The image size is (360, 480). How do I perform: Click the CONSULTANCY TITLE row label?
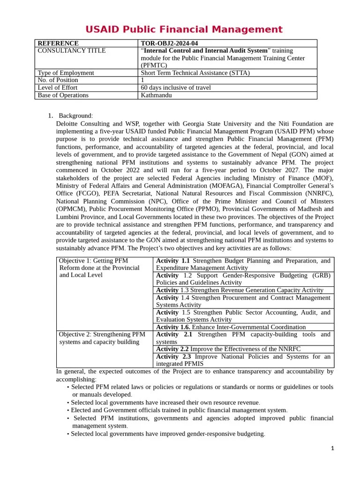pyautogui.click(x=71, y=51)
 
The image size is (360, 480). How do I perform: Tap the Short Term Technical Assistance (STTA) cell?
pyautogui.click(x=195, y=73)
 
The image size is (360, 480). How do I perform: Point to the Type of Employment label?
pyautogui.click(x=66, y=73)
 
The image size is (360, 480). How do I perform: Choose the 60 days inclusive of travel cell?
pyautogui.click(x=176, y=88)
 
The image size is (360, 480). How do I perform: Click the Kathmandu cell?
pyautogui.click(x=157, y=95)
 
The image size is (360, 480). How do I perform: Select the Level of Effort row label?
pyautogui.click(x=58, y=88)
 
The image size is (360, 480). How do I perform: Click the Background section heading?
pyautogui.click(x=75, y=116)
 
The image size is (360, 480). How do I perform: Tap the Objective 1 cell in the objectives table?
pyautogui.click(x=99, y=268)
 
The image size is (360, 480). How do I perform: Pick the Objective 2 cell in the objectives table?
pyautogui.click(x=102, y=338)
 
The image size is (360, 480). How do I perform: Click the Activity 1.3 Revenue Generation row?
pyautogui.click(x=240, y=290)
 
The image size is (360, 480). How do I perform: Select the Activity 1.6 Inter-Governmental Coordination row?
pyautogui.click(x=231, y=327)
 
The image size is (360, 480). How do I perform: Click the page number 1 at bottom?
pyautogui.click(x=332, y=449)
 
